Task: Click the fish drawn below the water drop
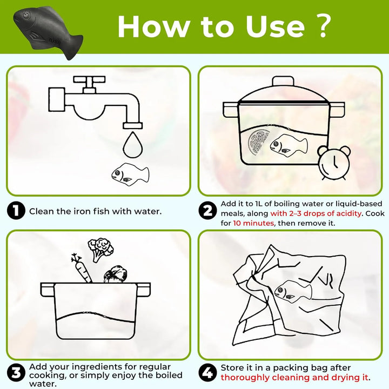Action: [130, 173]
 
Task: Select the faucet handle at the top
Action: [89, 82]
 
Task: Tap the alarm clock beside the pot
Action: [334, 163]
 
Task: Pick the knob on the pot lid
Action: [283, 81]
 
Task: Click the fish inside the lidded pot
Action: [289, 146]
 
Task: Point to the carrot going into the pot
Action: [82, 269]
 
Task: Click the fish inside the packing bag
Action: [293, 292]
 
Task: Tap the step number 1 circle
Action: [16, 211]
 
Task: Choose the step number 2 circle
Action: [207, 211]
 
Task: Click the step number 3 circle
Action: [16, 373]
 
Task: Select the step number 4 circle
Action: [207, 373]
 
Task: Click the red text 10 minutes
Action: [253, 223]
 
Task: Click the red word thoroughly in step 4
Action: [245, 378]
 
